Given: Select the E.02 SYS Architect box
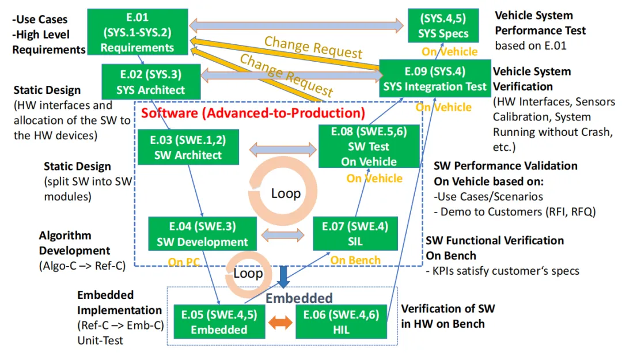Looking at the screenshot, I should pyautogui.click(x=150, y=81).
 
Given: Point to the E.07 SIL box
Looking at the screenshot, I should pyautogui.click(x=355, y=234).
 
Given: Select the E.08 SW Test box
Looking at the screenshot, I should pyautogui.click(x=369, y=147).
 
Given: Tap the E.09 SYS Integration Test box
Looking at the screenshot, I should pyautogui.click(x=435, y=79).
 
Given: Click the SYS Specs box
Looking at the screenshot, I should pyautogui.click(x=443, y=26).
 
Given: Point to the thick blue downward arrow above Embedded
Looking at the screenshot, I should pyautogui.click(x=283, y=276).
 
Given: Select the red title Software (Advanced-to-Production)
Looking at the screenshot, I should pyautogui.click(x=253, y=112).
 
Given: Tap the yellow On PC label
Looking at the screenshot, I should pyautogui.click(x=184, y=262).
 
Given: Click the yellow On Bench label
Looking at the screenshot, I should pyautogui.click(x=355, y=260).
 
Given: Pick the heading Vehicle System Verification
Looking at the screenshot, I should pyautogui.click(x=532, y=79).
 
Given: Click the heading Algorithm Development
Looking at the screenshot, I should pyautogui.click(x=74, y=242).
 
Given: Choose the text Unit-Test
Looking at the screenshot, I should pyautogui.click(x=100, y=340).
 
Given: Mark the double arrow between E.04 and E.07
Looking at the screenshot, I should pyautogui.click(x=283, y=234).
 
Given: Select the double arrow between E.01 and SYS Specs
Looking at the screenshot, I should pyautogui.click(x=297, y=25).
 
